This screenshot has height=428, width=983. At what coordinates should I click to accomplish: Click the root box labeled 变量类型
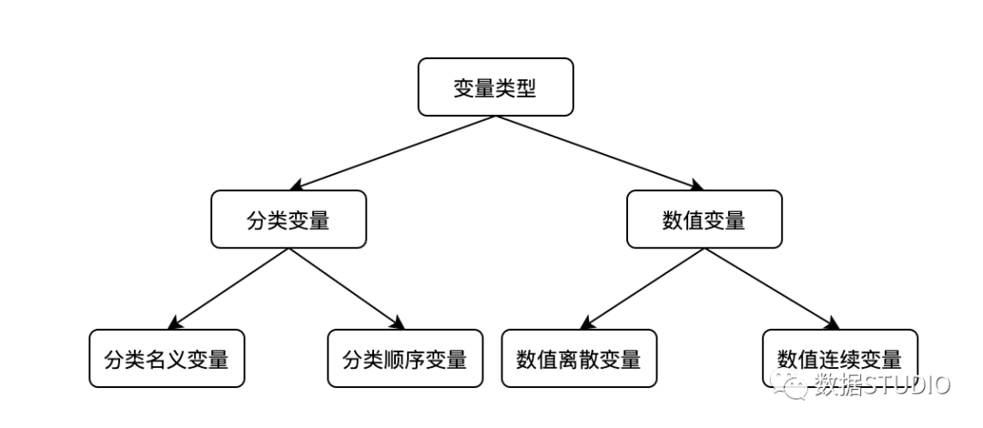pos(495,87)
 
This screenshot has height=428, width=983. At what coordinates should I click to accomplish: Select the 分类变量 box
pos(289,219)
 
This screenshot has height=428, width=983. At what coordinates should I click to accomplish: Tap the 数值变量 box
pos(704,219)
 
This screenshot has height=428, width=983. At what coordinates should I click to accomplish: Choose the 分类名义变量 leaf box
pos(167,359)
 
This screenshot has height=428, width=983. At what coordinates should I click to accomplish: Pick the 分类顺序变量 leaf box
pos(405,359)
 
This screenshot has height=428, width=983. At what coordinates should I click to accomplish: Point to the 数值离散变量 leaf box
pos(579,359)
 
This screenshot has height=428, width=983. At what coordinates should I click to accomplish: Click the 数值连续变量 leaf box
pos(840,359)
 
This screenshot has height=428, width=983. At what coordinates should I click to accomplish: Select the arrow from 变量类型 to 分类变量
pos(393,152)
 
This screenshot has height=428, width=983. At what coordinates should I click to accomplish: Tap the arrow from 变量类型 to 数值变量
pos(599,152)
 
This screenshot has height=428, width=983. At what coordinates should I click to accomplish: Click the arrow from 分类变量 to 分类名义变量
pos(228,289)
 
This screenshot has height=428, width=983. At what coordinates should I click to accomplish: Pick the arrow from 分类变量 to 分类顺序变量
pos(347,289)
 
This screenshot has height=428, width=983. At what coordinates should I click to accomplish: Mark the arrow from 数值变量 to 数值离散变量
pos(642,289)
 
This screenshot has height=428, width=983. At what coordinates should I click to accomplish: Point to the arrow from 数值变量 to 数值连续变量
pos(772,289)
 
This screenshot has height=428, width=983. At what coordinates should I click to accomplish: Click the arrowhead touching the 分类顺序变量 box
pos(398,322)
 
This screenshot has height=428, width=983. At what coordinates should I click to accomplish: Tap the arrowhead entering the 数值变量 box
pos(696,185)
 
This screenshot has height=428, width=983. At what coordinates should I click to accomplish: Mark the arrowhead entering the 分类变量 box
pos(298,185)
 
